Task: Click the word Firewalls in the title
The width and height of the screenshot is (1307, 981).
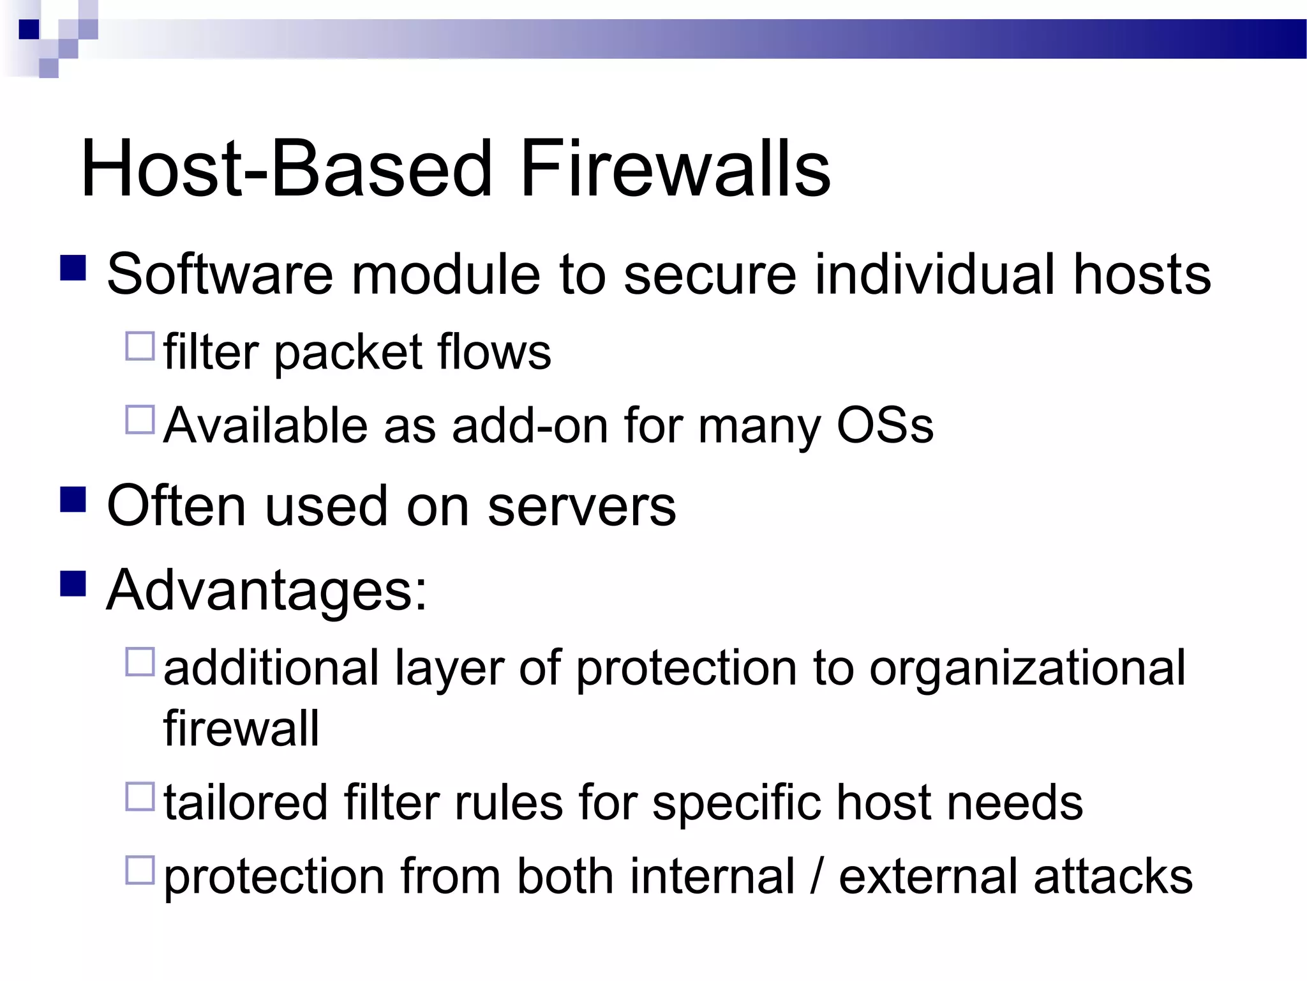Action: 675,169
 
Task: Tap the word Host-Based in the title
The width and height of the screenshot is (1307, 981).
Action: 286,169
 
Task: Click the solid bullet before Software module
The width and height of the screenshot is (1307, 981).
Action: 73,268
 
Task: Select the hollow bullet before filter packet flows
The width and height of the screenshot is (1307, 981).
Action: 140,346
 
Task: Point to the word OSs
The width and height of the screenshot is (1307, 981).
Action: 885,425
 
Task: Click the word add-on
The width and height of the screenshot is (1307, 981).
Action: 529,425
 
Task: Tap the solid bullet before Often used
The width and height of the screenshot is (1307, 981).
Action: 73,500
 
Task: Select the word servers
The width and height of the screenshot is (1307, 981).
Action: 581,506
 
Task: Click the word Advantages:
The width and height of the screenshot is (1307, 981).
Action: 266,591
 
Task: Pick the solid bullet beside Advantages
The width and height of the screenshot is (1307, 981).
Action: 73,584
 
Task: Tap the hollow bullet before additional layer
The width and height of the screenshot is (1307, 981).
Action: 140,662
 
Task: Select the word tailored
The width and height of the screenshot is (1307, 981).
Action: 246,802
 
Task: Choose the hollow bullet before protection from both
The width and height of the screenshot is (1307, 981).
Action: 140,870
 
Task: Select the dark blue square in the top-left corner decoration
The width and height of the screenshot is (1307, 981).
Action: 29,29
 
